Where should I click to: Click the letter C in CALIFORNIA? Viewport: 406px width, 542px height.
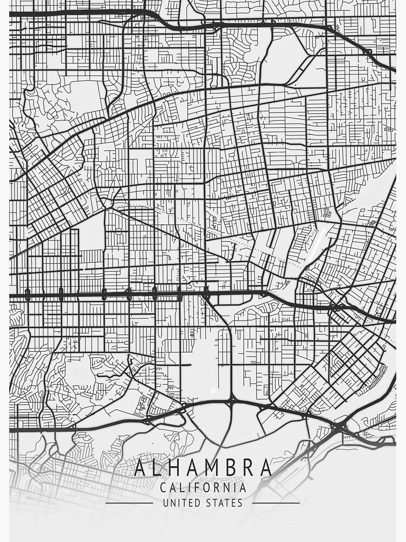coord(163,487)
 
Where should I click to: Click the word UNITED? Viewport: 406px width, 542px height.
coord(181,503)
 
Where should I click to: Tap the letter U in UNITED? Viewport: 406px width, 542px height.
coord(166,503)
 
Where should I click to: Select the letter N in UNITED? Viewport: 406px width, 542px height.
coord(173,503)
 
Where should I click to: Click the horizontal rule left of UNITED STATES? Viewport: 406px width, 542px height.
coord(129,503)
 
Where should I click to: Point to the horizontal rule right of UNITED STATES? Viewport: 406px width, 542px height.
coord(276,503)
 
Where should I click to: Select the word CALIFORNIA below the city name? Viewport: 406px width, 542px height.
coord(203,487)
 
